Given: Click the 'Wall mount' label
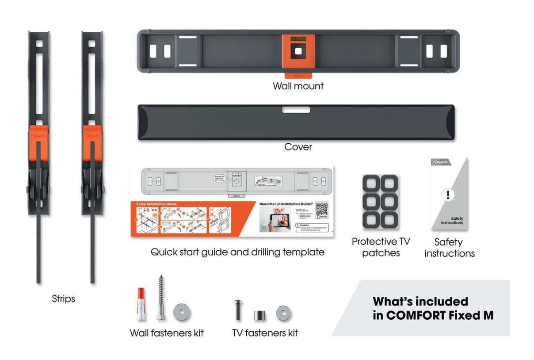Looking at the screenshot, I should [298, 86].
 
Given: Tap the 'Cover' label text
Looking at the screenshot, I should [298, 147].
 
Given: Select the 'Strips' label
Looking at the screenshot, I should [63, 299].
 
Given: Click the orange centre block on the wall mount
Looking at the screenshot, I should [298, 51].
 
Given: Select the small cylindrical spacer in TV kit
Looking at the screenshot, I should [259, 316].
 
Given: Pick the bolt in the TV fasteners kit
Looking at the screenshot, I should [238, 310].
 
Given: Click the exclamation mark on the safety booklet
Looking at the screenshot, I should [447, 195].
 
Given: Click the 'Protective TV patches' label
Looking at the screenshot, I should [381, 247].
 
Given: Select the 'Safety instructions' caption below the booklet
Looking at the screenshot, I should [449, 248].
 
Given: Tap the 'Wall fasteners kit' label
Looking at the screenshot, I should [167, 333].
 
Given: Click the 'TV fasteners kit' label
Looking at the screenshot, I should [265, 333].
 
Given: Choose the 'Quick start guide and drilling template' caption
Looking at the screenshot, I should [237, 252].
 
